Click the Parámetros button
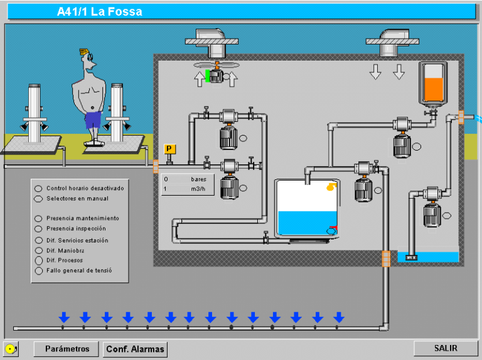pyautogui.click(x=67, y=349)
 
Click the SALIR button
pyautogui.click(x=446, y=348)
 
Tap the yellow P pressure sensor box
pyautogui.click(x=169, y=149)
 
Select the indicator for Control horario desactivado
pyautogui.click(x=38, y=188)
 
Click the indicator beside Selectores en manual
pyautogui.click(x=38, y=199)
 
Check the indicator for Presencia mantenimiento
pyautogui.click(x=38, y=219)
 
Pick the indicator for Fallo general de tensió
pyautogui.click(x=38, y=271)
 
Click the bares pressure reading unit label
pyautogui.click(x=198, y=179)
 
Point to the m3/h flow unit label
pyautogui.click(x=200, y=189)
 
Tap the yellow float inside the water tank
pyautogui.click(x=330, y=186)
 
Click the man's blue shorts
pyautogui.click(x=93, y=119)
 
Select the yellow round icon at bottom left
pyautogui.click(x=10, y=349)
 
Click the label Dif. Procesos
pyautogui.click(x=65, y=260)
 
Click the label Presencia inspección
pyautogui.click(x=76, y=228)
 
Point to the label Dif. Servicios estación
pyautogui.click(x=77, y=240)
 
